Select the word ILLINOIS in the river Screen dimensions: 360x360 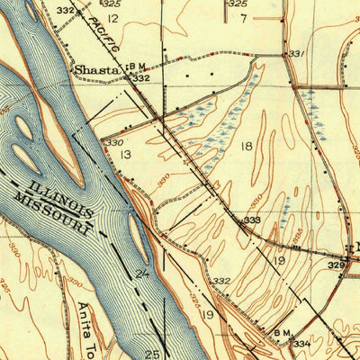(x=61, y=197)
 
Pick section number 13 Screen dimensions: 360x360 (x=126, y=156)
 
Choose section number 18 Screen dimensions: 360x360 (x=246, y=144)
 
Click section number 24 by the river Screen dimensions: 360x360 (x=142, y=273)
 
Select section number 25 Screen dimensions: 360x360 (x=154, y=355)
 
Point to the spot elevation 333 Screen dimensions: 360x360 (x=253, y=220)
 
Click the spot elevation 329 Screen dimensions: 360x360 (x=336, y=265)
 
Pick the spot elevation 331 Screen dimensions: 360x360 (x=297, y=55)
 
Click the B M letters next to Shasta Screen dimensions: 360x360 (x=137, y=66)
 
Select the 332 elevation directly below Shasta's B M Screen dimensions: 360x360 (x=140, y=78)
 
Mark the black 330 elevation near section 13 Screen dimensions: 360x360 (x=112, y=143)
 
